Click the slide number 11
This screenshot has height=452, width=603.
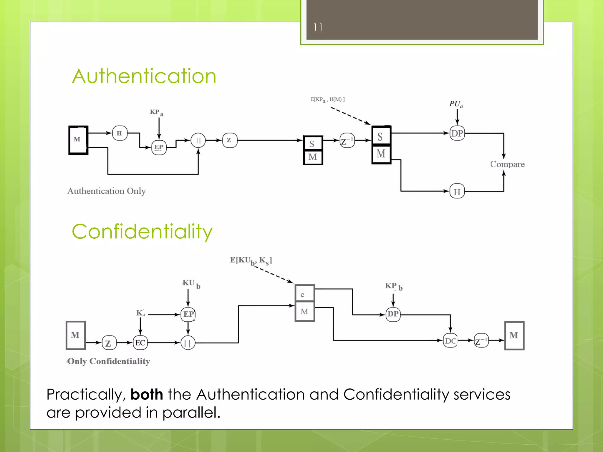(x=318, y=27)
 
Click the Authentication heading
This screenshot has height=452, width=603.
(x=144, y=76)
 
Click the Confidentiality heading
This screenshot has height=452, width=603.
(x=142, y=232)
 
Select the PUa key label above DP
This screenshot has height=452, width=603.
(x=456, y=104)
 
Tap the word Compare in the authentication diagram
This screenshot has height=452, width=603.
(x=507, y=164)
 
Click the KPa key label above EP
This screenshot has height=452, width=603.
(x=156, y=112)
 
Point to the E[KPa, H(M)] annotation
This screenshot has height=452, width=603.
(x=327, y=99)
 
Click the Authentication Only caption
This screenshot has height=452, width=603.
(x=106, y=191)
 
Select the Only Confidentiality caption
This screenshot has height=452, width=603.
(x=109, y=361)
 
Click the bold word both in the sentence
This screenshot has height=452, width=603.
(x=147, y=394)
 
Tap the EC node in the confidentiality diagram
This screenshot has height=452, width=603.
(x=140, y=343)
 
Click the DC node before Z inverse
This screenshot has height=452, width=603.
(x=450, y=341)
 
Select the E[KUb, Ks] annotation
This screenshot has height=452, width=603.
(x=251, y=260)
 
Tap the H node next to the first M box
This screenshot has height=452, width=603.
(x=120, y=133)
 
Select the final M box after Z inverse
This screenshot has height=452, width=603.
(x=514, y=335)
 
